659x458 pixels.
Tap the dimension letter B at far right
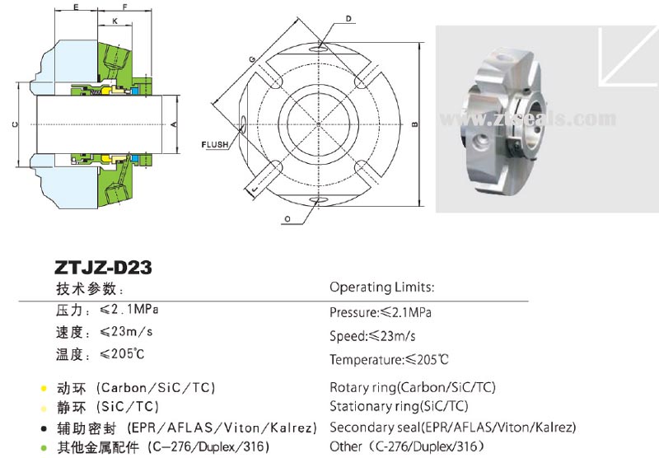click(x=414, y=124)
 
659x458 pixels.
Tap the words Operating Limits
click(x=381, y=287)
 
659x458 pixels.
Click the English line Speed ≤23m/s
click(x=372, y=336)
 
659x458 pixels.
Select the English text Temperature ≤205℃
click(x=389, y=360)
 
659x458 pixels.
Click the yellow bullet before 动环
click(x=42, y=388)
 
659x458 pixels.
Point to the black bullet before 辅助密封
click(x=42, y=428)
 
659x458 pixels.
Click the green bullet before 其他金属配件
click(x=42, y=448)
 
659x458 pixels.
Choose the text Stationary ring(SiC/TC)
click(x=399, y=406)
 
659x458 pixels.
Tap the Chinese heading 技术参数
click(x=89, y=289)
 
